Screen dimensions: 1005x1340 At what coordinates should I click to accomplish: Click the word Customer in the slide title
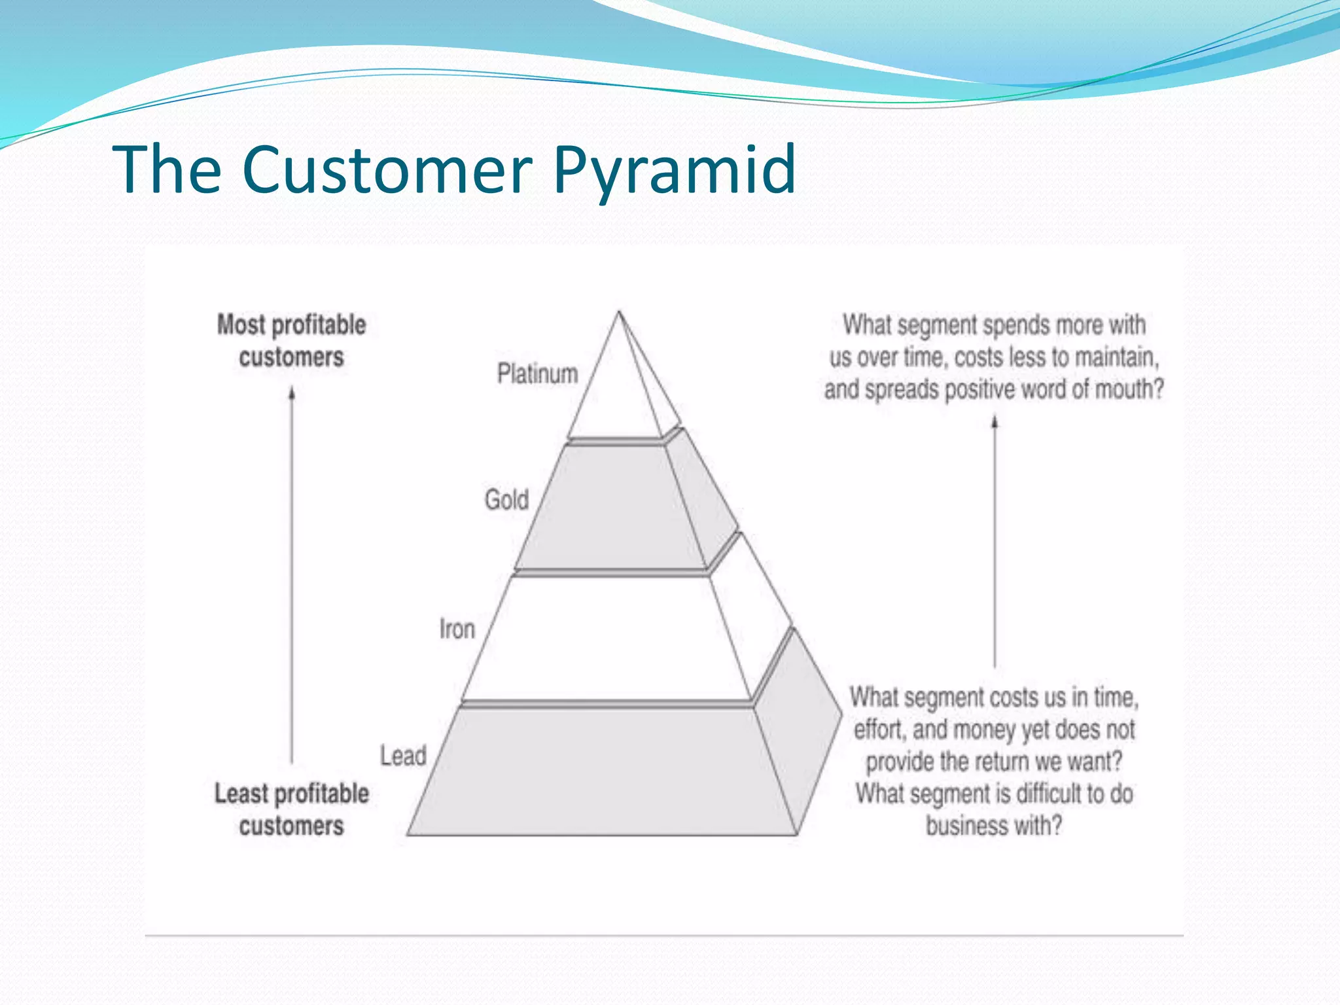[386, 170]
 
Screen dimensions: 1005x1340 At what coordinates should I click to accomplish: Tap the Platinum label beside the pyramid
[537, 374]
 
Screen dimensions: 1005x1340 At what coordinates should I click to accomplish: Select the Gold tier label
[506, 500]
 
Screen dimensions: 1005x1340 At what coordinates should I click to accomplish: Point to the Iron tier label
[457, 629]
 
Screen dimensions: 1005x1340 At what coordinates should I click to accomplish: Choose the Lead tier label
[403, 756]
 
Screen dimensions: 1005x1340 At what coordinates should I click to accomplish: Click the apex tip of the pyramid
[619, 313]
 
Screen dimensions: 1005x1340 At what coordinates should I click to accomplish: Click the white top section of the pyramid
[615, 393]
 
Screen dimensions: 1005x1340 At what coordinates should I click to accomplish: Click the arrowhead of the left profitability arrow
[292, 393]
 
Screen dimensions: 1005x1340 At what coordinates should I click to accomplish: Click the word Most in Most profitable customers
[241, 325]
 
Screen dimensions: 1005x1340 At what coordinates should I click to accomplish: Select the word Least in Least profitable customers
[241, 794]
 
